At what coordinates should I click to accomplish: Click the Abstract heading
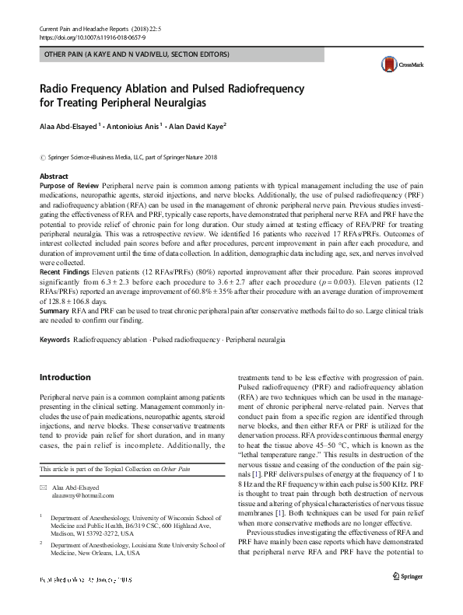tap(54, 176)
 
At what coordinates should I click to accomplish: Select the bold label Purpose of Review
tap(69, 187)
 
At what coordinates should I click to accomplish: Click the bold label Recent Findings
tap(66, 271)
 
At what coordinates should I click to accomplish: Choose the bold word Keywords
tap(54, 341)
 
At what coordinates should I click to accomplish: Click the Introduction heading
tap(65, 377)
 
